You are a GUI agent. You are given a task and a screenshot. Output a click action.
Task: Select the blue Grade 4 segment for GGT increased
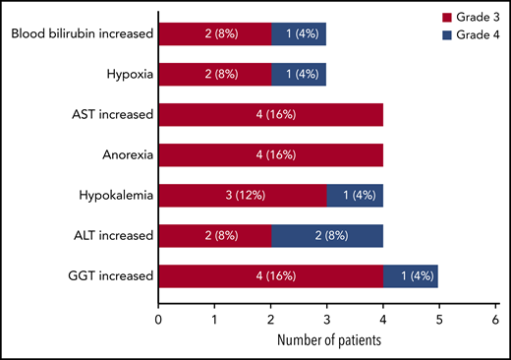(411, 275)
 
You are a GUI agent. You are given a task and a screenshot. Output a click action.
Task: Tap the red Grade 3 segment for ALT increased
(214, 235)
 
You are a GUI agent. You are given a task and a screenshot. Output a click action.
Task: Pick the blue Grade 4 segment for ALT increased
(326, 235)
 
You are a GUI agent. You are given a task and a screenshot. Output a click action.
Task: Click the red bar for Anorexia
(270, 154)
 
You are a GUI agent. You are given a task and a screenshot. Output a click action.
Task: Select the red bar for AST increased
(270, 114)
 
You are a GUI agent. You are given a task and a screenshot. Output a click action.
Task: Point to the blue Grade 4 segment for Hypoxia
(299, 74)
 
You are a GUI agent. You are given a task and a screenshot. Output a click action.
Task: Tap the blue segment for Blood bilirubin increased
(299, 34)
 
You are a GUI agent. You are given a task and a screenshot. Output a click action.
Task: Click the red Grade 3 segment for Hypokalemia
(243, 195)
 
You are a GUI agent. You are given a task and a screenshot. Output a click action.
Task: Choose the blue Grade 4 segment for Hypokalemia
(355, 195)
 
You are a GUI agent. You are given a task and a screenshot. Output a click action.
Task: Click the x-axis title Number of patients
(326, 341)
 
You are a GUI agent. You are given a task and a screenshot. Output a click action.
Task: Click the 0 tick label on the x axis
(158, 319)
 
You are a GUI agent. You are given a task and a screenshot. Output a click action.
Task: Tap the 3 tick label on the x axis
(326, 319)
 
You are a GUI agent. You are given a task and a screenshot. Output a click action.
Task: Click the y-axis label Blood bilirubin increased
(82, 34)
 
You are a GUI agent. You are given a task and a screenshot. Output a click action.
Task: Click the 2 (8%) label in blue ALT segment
(326, 235)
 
